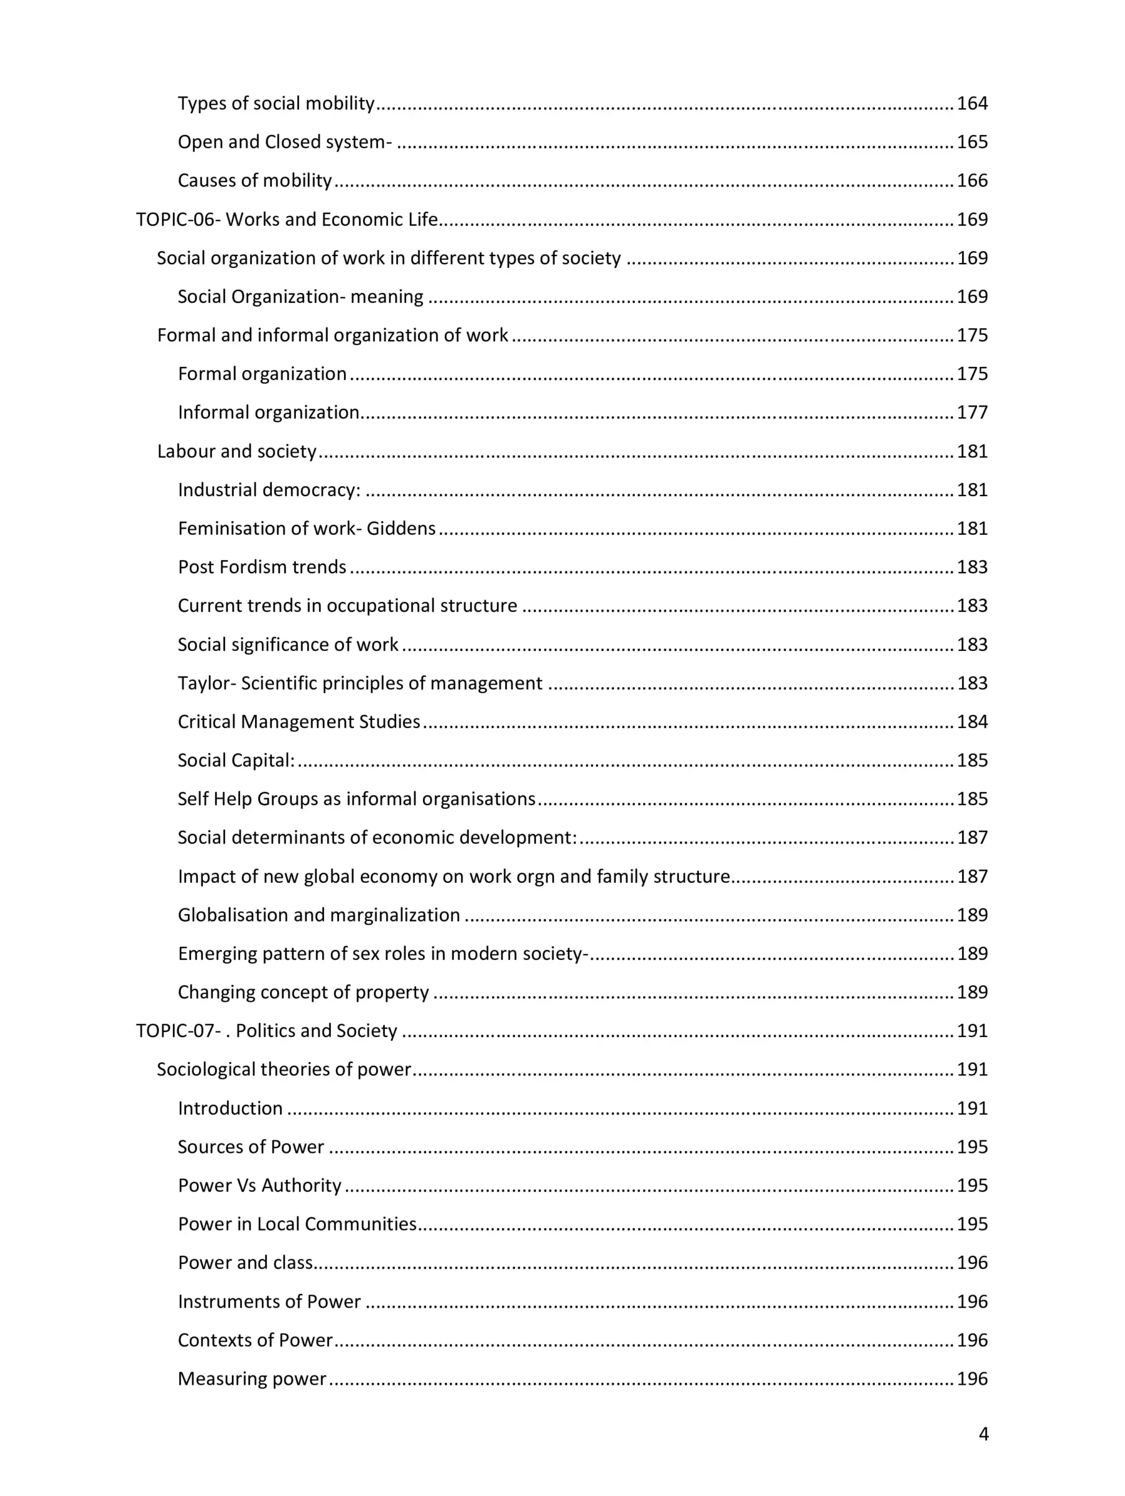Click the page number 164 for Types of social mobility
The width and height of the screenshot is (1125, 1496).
click(972, 103)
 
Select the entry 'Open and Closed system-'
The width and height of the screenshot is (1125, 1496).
click(284, 142)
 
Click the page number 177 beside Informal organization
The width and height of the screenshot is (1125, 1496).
click(972, 412)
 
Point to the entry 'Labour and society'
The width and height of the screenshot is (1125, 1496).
click(237, 451)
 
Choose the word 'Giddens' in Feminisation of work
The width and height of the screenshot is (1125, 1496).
click(401, 528)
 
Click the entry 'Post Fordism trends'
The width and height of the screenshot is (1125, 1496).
click(262, 566)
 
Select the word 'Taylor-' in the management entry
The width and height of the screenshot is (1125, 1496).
click(206, 683)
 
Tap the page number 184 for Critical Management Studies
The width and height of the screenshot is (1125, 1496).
click(972, 722)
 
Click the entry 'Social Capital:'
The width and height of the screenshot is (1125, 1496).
click(236, 760)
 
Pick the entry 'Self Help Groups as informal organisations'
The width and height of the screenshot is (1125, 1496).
click(356, 799)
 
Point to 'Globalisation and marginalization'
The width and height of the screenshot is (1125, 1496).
click(318, 915)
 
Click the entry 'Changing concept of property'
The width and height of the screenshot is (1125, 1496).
click(303, 992)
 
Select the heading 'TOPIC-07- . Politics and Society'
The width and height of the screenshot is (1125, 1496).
click(267, 1031)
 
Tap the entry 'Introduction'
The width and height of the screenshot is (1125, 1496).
click(230, 1109)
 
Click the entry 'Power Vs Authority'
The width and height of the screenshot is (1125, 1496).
click(260, 1186)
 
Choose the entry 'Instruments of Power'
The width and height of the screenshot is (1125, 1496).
click(269, 1302)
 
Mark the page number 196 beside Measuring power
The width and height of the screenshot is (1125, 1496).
click(972, 1379)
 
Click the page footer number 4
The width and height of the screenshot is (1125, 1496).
click(984, 1434)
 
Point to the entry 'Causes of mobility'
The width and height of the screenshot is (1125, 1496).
click(255, 180)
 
